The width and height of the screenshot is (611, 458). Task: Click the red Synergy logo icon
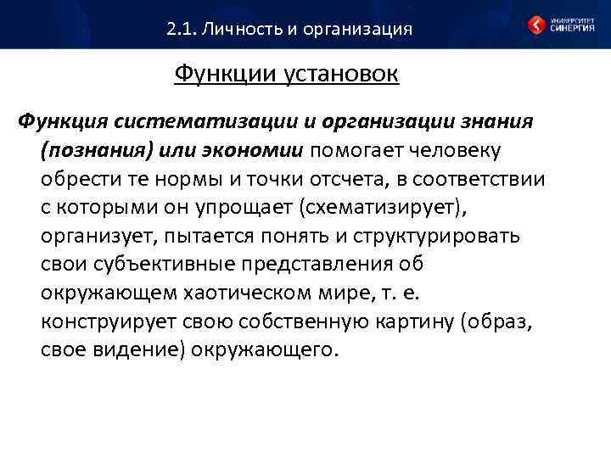click(x=536, y=25)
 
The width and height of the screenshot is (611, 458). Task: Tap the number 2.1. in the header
click(x=182, y=30)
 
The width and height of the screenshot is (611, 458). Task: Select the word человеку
click(x=457, y=151)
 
